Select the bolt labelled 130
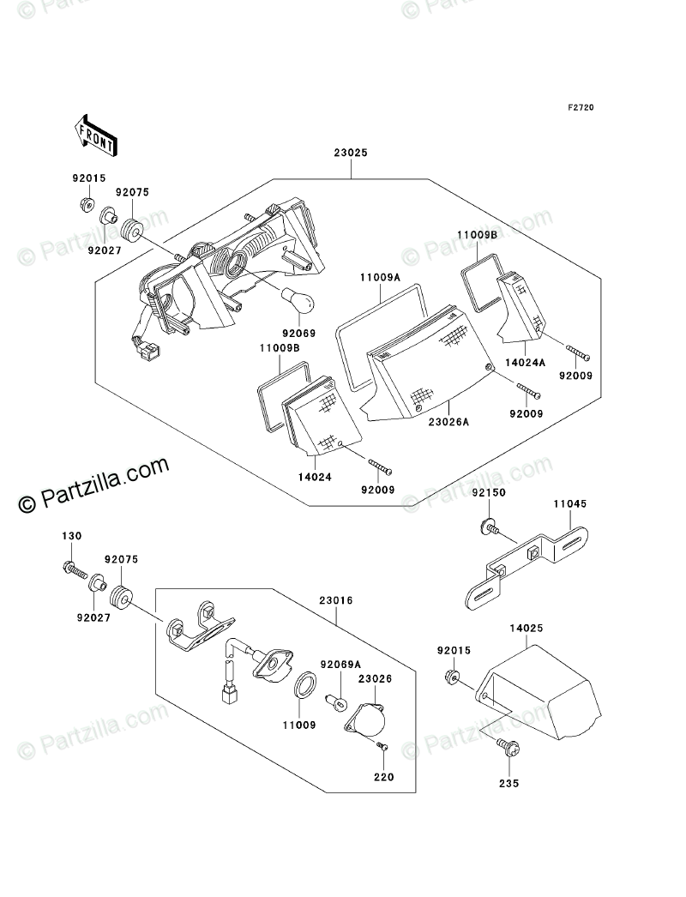pyautogui.click(x=71, y=567)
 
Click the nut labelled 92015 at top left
pyautogui.click(x=86, y=206)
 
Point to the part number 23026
pyautogui.click(x=375, y=677)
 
